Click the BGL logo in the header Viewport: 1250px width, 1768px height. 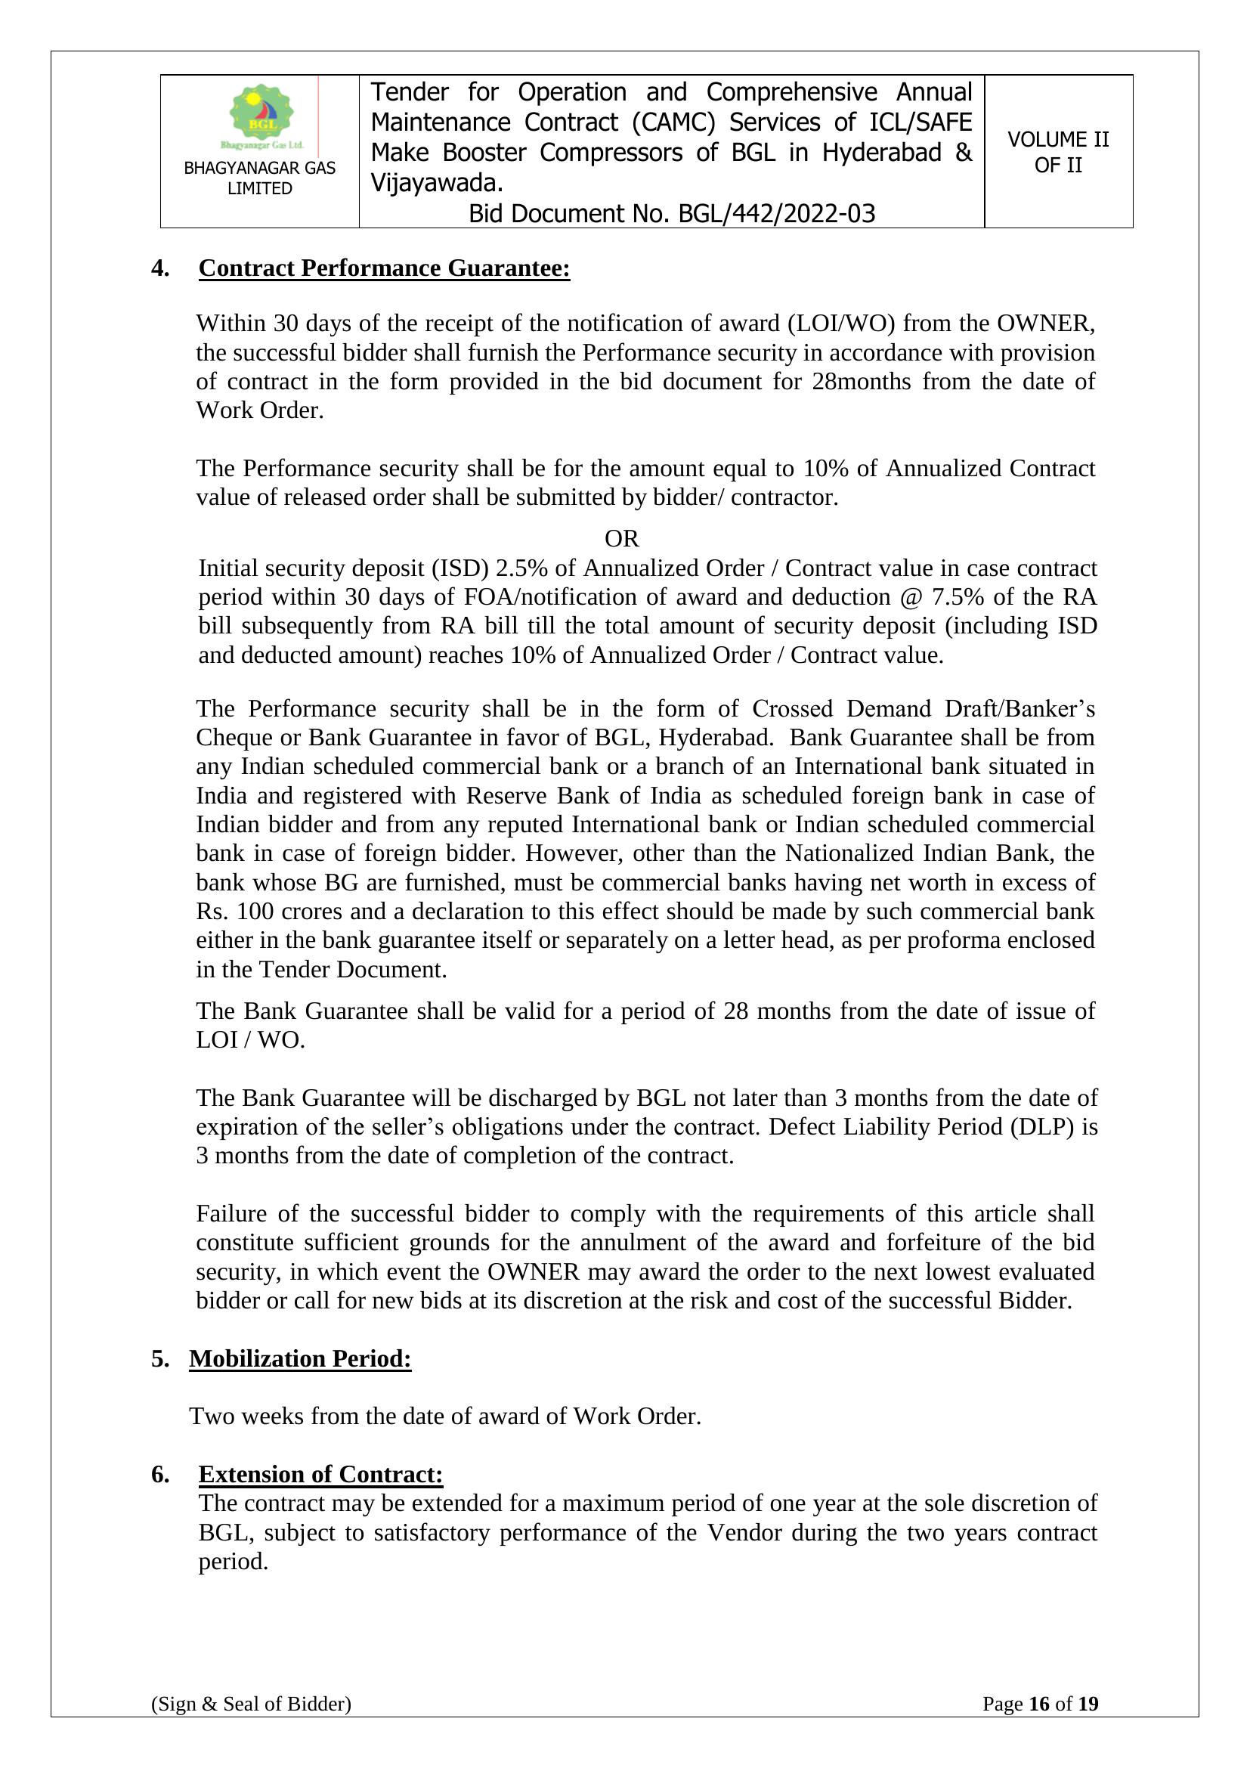pos(261,116)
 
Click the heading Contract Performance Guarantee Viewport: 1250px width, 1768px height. pos(384,268)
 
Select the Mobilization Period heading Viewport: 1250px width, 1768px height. pos(300,1358)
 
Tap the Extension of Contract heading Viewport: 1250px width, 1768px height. pos(320,1474)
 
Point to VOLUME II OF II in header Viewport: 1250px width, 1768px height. pos(1058,152)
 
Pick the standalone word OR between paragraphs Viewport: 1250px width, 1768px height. pos(622,538)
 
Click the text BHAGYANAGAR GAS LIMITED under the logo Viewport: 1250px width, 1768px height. pos(259,178)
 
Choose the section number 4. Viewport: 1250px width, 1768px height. pos(160,268)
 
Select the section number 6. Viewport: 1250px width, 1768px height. pos(160,1474)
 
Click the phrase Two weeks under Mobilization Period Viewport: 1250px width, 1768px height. pos(234,1416)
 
